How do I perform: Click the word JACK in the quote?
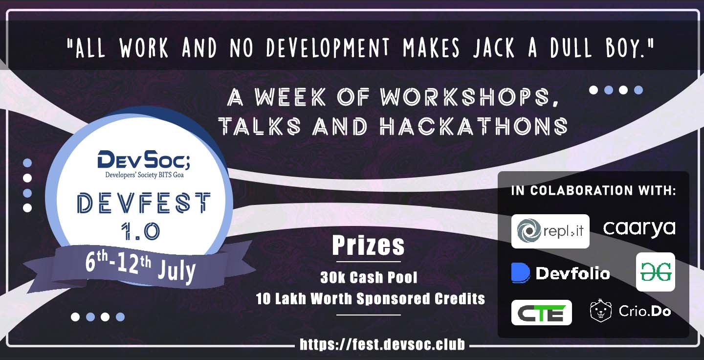[494, 48]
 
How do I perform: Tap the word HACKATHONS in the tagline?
[474, 126]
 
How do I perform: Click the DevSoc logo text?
[144, 159]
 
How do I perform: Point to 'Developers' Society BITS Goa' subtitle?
[144, 175]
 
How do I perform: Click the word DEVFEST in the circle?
[144, 203]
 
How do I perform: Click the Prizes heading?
[368, 245]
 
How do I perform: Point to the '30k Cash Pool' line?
[369, 277]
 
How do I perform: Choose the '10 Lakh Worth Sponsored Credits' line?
[370, 299]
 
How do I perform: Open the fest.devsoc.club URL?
[382, 344]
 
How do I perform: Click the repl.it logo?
[550, 231]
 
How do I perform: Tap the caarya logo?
[639, 228]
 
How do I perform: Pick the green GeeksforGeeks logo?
[656, 272]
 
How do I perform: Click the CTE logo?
[542, 313]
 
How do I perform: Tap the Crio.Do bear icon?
[601, 311]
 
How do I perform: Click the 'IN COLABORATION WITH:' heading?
[594, 190]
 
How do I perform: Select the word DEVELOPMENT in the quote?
[328, 48]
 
